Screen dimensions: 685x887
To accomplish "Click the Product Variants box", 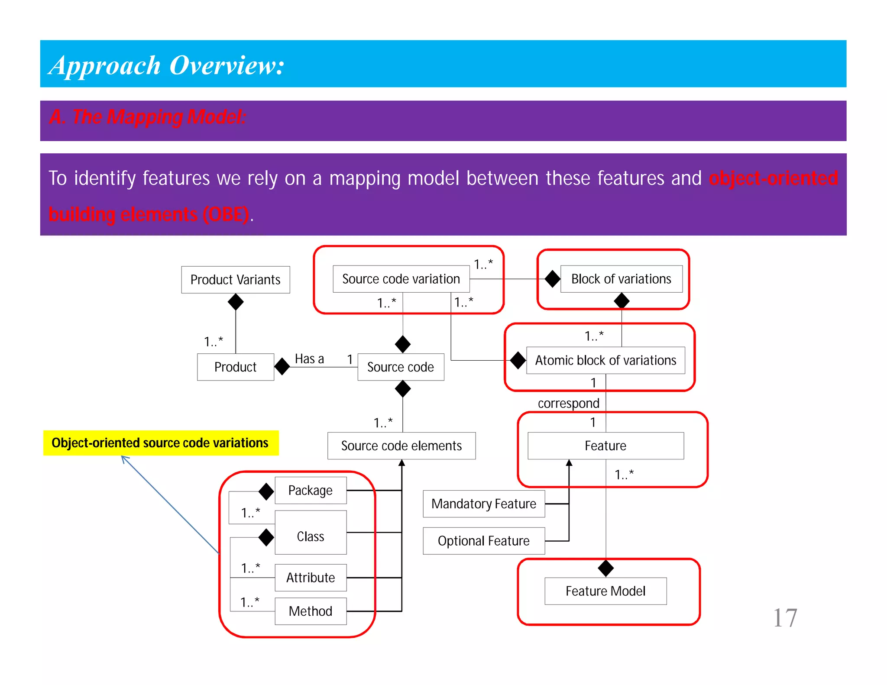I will [235, 280].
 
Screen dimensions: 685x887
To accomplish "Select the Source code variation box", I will [401, 279].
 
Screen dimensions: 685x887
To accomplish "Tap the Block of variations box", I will [621, 279].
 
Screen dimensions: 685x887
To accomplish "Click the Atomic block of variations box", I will [605, 360].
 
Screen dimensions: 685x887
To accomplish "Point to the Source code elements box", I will [401, 446].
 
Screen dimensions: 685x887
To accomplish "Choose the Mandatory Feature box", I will [483, 504].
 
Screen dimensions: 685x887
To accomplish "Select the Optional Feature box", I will [483, 541].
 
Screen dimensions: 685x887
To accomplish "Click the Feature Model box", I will [605, 591].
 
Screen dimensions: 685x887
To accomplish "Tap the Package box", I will [311, 490].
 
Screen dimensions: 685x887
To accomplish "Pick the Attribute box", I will [311, 578].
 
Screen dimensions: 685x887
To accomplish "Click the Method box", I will [311, 611].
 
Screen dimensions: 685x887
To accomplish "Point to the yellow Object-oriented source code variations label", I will [160, 443].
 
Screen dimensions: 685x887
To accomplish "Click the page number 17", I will [785, 617].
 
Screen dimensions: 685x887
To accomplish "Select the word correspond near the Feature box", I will [568, 403].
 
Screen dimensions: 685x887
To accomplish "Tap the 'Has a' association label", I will [309, 359].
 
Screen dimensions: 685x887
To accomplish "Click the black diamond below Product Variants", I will [236, 302].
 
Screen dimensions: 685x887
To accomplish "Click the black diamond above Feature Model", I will [605, 568].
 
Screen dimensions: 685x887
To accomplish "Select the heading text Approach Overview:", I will [166, 65].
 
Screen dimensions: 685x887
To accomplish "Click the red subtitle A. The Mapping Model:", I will [148, 117].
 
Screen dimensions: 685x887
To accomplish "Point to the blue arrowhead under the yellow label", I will [124, 459].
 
